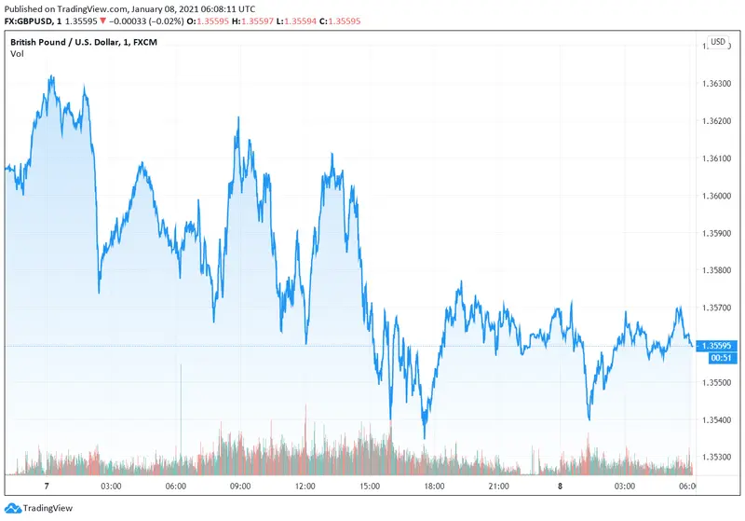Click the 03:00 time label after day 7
coord(112,487)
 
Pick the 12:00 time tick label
coord(305,487)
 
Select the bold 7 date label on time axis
coord(47,487)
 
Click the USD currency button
coord(718,42)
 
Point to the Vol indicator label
coord(17,54)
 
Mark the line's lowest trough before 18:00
coord(424,437)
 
